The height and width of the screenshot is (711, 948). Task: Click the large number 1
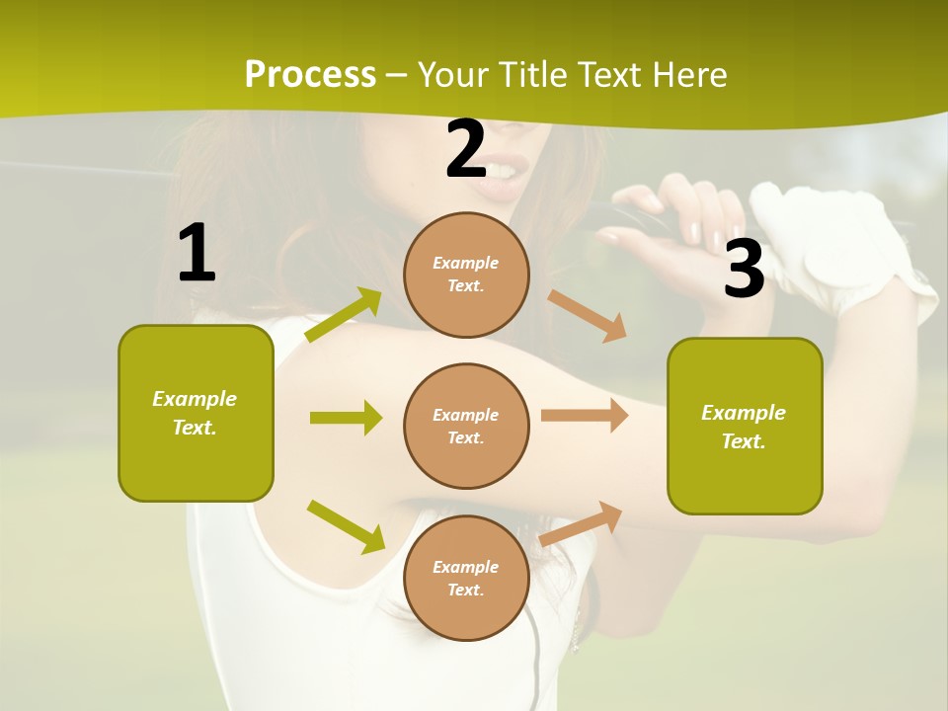click(x=197, y=253)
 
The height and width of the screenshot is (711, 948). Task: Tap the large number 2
click(x=466, y=149)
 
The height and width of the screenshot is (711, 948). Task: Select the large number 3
click(x=744, y=270)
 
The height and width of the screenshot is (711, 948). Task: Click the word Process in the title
click(x=310, y=74)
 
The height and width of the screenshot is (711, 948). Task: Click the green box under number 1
click(x=196, y=413)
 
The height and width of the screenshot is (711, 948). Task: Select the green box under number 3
click(x=745, y=427)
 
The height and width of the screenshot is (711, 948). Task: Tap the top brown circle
click(x=466, y=275)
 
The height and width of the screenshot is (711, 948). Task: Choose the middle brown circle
click(x=466, y=426)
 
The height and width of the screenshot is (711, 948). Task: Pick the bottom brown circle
click(x=466, y=578)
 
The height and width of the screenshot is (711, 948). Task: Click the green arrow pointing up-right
click(x=344, y=315)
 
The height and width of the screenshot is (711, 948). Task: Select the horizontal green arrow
click(x=346, y=418)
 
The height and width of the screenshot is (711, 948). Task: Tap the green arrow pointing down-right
click(x=346, y=525)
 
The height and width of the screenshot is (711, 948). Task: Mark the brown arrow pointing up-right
click(x=582, y=523)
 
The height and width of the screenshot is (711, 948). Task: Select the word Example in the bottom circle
click(x=465, y=567)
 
